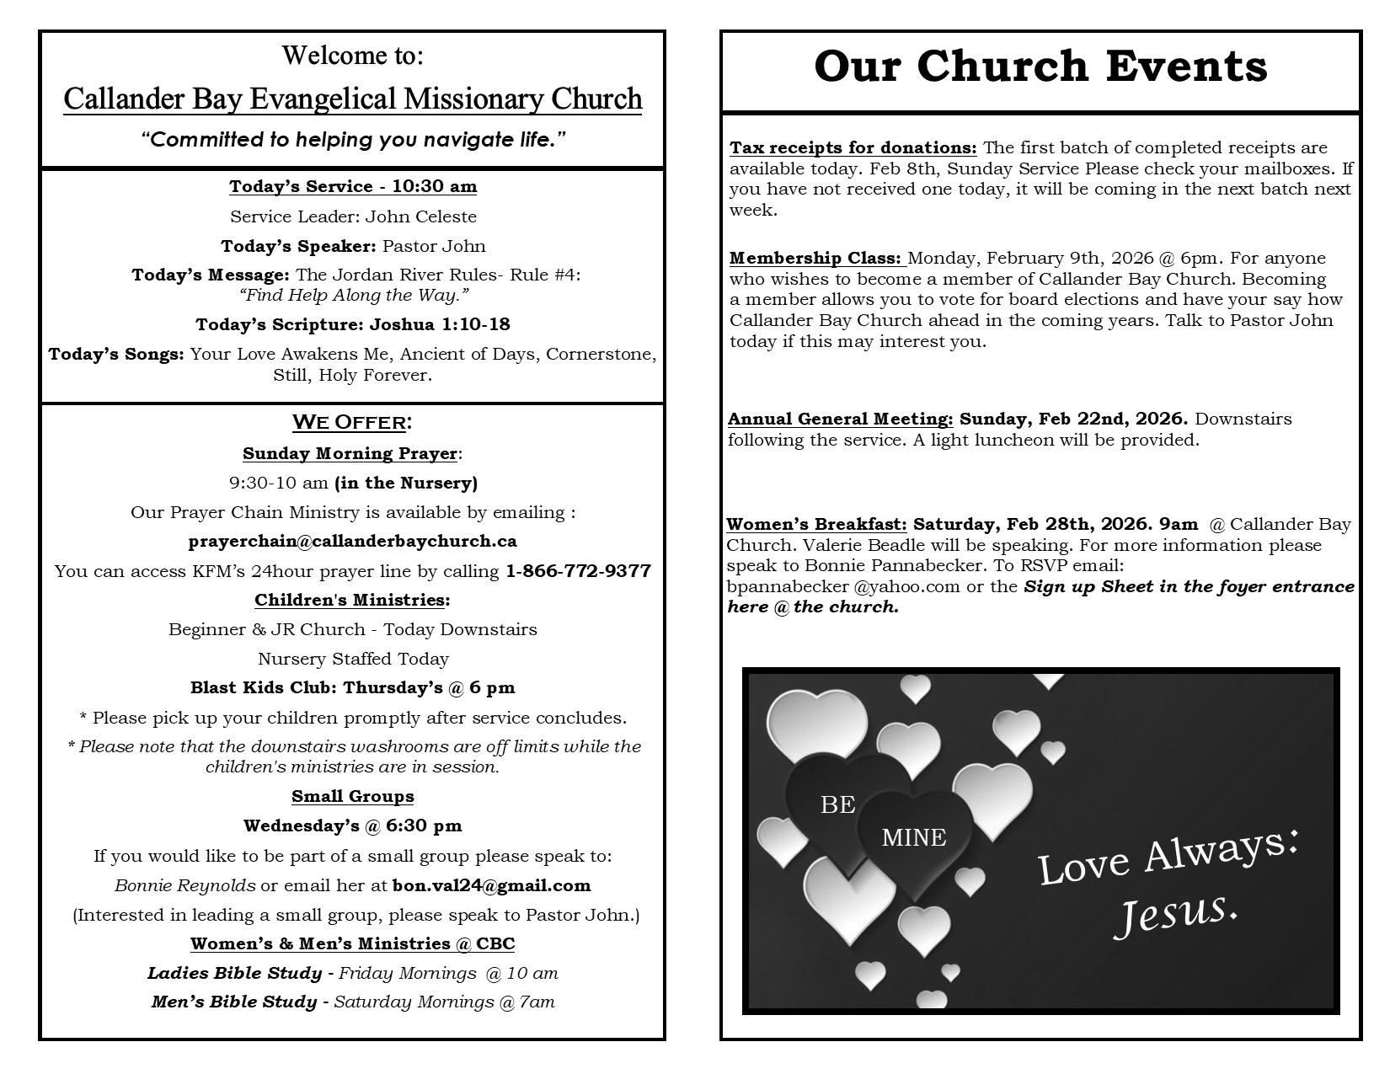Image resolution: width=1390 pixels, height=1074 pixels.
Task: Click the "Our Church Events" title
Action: [x=1040, y=67]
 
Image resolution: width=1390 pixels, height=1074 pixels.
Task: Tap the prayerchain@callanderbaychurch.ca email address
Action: [x=352, y=542]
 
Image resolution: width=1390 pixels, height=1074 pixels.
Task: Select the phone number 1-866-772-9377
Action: [x=578, y=571]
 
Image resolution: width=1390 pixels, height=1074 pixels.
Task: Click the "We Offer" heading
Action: [x=351, y=422]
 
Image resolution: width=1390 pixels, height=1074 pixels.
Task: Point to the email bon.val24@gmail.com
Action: [x=491, y=885]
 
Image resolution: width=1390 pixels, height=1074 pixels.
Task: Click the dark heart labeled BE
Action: [x=837, y=804]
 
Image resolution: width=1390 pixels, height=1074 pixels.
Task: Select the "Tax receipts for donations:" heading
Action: [x=853, y=148]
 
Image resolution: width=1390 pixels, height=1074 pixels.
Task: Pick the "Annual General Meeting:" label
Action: [x=840, y=419]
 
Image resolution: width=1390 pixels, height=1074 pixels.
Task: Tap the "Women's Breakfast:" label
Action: [x=816, y=525]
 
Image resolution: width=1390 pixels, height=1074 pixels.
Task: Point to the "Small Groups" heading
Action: [x=352, y=797]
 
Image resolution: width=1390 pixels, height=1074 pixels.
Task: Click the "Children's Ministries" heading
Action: [x=350, y=600]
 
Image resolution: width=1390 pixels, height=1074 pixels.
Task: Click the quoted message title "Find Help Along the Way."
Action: [x=353, y=295]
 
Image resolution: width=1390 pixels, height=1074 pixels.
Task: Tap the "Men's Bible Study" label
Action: [x=234, y=1002]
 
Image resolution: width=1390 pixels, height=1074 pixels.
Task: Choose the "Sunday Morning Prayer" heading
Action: [x=350, y=453]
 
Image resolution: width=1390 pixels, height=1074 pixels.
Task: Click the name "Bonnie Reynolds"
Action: [x=184, y=885]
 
